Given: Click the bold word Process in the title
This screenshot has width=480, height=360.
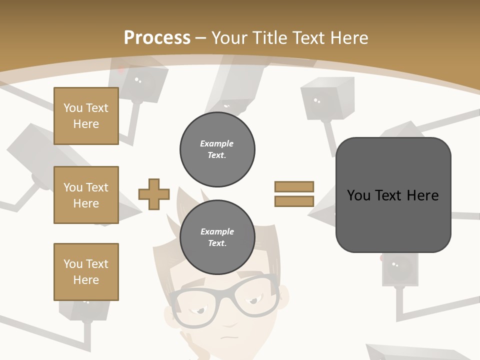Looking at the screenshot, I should (157, 38).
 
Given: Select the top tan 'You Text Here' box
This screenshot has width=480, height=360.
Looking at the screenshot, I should (86, 116).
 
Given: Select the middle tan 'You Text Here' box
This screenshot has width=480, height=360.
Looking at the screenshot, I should (86, 195).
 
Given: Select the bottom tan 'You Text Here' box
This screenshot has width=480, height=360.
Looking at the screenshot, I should (86, 272).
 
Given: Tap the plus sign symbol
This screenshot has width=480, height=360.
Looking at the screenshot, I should (154, 194).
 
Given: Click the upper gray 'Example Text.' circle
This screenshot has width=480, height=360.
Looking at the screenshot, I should (217, 149).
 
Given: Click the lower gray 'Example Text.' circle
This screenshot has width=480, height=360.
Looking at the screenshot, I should (217, 237).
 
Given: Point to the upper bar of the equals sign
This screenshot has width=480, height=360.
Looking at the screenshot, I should (294, 186).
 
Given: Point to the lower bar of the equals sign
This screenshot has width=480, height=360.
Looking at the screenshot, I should (294, 201).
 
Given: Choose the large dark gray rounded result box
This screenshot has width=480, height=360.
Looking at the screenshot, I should (393, 195).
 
